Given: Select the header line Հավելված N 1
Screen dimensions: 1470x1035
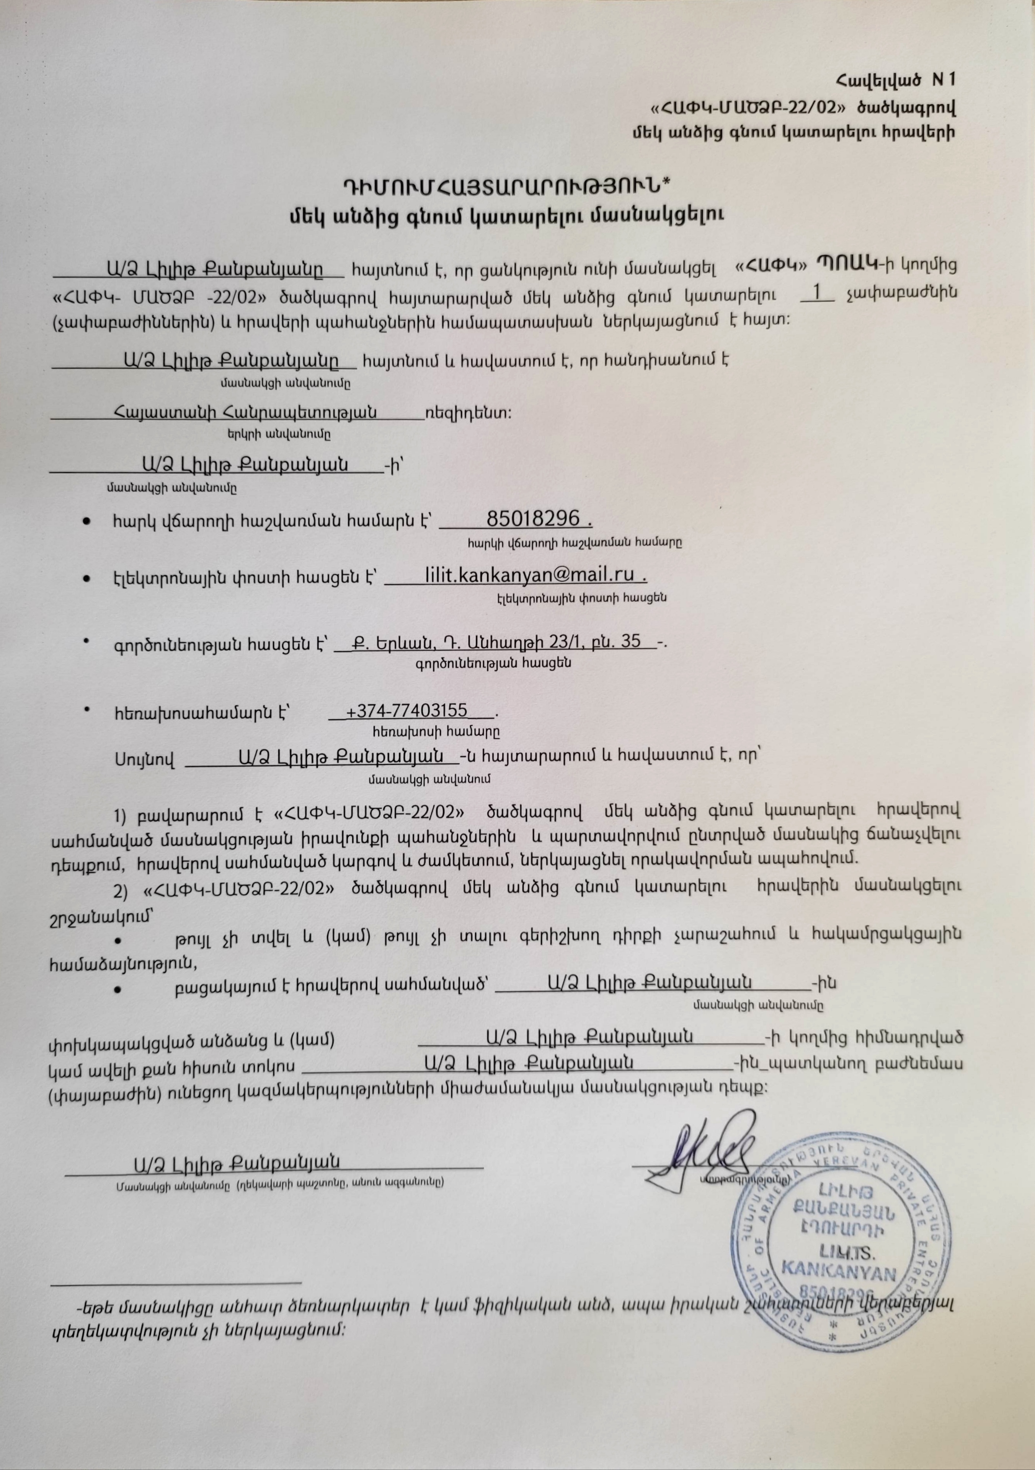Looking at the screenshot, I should [895, 80].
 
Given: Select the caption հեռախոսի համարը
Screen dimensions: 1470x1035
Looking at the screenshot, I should [436, 729].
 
